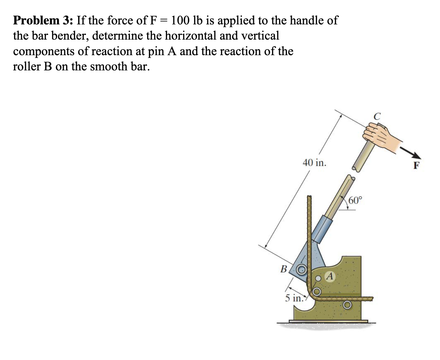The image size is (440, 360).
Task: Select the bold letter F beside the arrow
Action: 416,166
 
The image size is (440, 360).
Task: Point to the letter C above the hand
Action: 377,116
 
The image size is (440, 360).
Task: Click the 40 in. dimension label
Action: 315,163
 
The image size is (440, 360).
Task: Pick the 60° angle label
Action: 355,201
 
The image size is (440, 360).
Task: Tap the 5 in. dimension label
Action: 293,298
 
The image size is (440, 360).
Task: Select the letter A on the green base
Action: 330,276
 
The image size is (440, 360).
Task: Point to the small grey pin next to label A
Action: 318,278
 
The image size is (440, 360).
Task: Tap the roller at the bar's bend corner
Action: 317,292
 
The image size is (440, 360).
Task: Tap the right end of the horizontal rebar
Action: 371,299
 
